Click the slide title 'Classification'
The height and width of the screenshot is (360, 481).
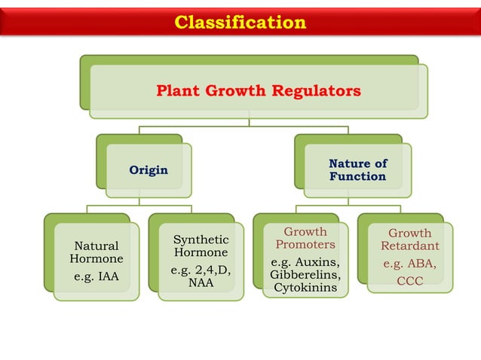point(240,23)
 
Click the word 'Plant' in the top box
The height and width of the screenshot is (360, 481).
point(175,91)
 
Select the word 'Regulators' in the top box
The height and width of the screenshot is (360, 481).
point(319,91)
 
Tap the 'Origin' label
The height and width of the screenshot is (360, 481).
point(148,170)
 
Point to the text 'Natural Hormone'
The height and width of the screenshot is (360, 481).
point(96,252)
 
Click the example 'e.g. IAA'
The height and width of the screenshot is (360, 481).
point(96,276)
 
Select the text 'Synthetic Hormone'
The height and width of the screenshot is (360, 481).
point(201,246)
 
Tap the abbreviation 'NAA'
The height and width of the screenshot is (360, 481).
point(201,283)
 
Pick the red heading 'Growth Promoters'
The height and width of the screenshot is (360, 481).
point(305,238)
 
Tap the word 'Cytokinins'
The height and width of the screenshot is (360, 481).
point(305,288)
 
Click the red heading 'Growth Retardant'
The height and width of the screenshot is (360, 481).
point(409,239)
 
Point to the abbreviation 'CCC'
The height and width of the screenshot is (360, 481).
point(409,282)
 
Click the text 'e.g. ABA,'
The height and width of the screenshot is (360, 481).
point(409,264)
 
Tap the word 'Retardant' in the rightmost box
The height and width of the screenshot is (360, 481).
point(409,246)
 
